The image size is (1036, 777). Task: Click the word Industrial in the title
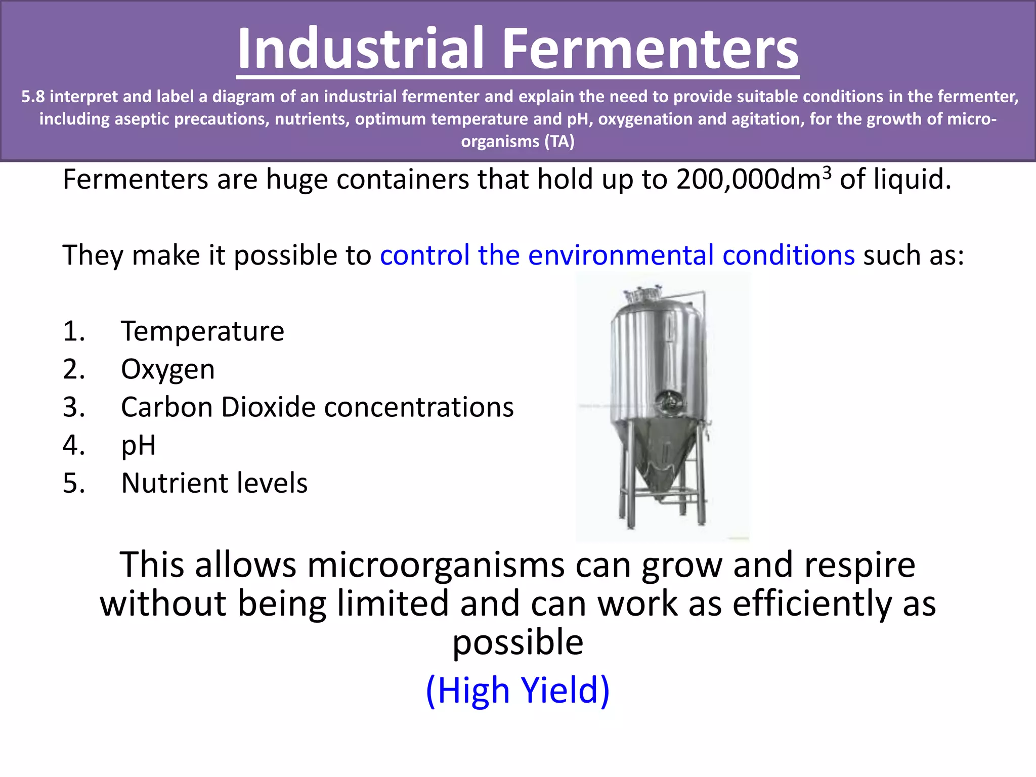[x=360, y=49]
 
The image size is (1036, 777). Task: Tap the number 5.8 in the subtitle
[x=33, y=96]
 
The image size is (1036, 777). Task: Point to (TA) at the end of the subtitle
[x=559, y=141]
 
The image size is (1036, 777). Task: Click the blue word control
[x=425, y=255]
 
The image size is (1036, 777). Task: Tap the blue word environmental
[x=621, y=255]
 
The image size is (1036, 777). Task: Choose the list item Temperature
[x=202, y=331]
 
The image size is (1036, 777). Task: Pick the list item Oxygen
[x=167, y=369]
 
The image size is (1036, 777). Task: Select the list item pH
[x=138, y=446]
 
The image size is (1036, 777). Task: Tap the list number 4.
[x=73, y=446]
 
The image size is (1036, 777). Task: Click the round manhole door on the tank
[x=669, y=403]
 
